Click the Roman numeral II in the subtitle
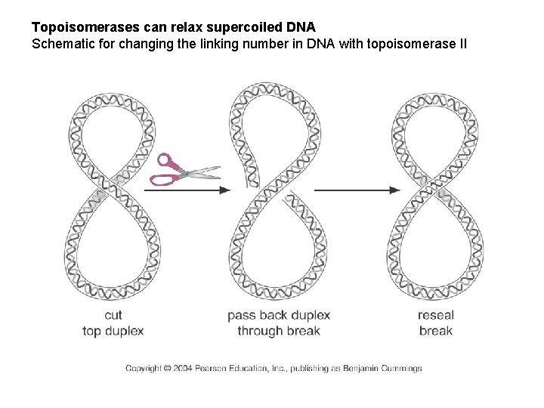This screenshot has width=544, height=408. point(462,43)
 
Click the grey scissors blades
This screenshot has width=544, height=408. point(200,173)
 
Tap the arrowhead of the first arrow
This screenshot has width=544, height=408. point(225,190)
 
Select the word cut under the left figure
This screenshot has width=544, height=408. point(113,315)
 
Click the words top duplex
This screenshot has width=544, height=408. point(113,330)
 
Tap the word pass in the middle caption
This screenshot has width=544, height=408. point(243,315)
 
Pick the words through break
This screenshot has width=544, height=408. point(278,330)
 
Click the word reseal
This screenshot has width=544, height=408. point(435,315)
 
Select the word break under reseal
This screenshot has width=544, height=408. point(435,330)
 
